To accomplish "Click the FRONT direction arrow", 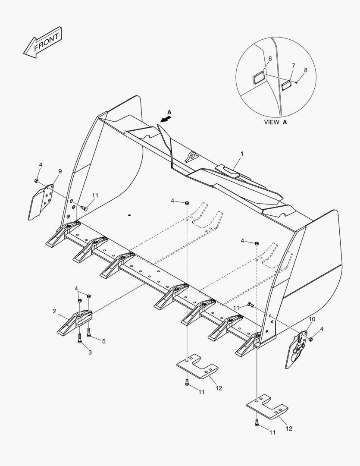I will click(x=43, y=43).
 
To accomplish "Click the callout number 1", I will click(x=242, y=154).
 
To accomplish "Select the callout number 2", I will click(x=55, y=311).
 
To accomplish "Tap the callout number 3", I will click(x=90, y=352).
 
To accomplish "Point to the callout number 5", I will click(x=103, y=341).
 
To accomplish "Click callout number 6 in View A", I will click(x=270, y=58).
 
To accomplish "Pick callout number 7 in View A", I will click(x=293, y=66).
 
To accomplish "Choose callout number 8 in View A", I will click(x=306, y=69).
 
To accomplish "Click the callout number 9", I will click(x=60, y=171).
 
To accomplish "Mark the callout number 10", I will click(x=313, y=319).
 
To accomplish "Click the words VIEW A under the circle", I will click(x=275, y=122).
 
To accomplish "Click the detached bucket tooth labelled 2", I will click(x=73, y=321).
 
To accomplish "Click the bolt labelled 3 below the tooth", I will click(x=80, y=337).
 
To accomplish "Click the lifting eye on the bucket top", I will click(x=190, y=157).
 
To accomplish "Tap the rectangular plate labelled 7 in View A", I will click(x=287, y=84).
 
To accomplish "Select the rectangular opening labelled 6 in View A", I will click(x=259, y=79).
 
